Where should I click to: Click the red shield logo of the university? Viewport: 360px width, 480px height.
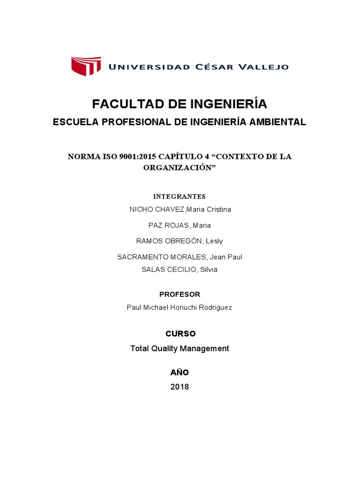point(86,66)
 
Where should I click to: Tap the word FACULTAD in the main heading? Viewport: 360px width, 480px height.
point(122,104)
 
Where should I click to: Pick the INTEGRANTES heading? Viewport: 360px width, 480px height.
point(180,196)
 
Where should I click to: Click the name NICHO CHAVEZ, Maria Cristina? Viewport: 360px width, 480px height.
point(180,210)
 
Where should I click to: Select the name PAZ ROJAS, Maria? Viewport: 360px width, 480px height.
point(180,225)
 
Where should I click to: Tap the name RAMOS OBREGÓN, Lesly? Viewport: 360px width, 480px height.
point(180,241)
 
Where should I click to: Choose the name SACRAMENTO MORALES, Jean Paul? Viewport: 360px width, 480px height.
point(180,257)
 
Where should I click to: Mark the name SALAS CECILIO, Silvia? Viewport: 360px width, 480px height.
point(180,270)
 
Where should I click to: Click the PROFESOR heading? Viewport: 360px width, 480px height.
point(180,294)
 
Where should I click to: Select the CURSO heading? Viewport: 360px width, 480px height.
point(180,334)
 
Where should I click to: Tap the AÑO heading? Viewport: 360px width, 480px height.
point(180,373)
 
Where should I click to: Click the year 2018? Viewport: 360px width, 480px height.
point(180,387)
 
